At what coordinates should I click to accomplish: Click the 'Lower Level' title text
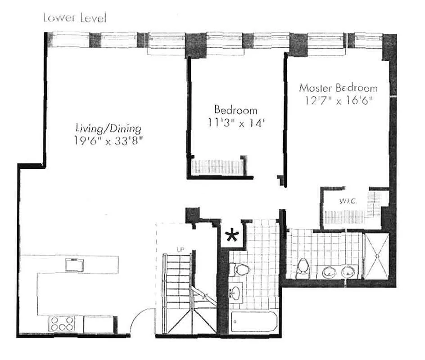point(75,18)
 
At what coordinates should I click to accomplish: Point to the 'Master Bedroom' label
point(339,88)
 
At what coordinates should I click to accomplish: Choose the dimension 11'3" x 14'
point(235,121)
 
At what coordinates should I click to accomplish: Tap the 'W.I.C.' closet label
point(348,201)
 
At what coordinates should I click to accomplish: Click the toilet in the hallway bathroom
point(239,270)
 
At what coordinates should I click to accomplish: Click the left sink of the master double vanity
point(330,272)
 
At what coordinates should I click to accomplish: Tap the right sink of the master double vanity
point(348,272)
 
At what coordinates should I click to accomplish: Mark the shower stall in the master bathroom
point(377,256)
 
